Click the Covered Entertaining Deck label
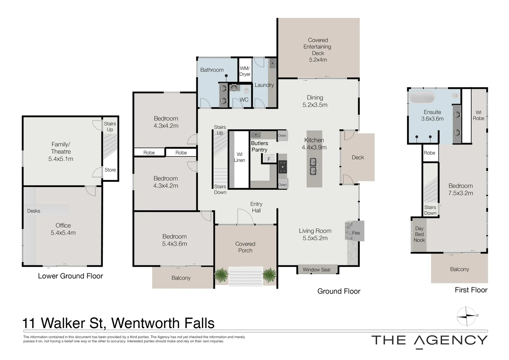click(318, 50)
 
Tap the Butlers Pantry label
click(259, 146)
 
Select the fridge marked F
click(269, 159)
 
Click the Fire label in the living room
click(356, 233)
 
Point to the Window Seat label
click(316, 270)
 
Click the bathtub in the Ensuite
click(422, 97)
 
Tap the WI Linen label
click(239, 157)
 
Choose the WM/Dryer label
click(245, 71)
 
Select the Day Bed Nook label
click(419, 234)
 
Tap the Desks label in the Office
click(34, 211)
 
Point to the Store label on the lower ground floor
click(110, 170)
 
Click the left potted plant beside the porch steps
click(221, 275)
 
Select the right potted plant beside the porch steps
click(269, 275)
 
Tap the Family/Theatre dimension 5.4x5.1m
click(61, 159)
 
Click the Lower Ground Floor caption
click(70, 276)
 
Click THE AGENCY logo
click(429, 340)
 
